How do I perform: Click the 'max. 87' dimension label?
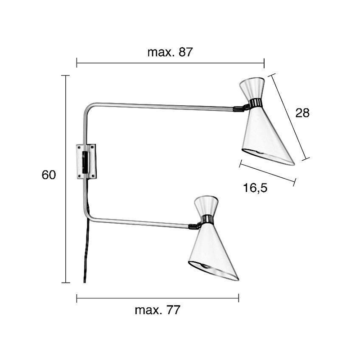tap(170, 52)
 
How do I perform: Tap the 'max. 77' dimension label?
tap(157, 310)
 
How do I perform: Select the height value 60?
tap(49, 175)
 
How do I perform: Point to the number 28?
tap(302, 113)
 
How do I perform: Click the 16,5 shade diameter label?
tap(255, 188)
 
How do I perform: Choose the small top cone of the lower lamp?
tap(207, 205)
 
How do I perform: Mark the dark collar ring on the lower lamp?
tap(207, 219)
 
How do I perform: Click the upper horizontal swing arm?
tap(162, 106)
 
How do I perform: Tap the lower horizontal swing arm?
tap(139, 222)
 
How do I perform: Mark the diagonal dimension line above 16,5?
tap(267, 171)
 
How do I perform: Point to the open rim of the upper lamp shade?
tap(268, 157)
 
